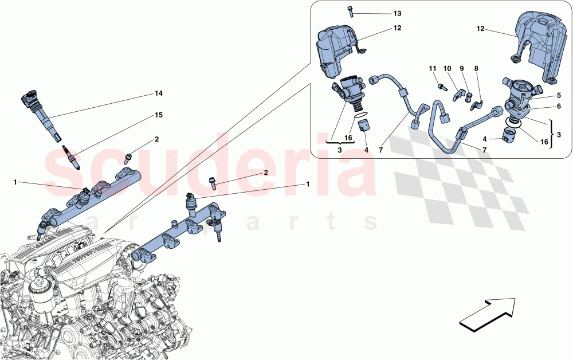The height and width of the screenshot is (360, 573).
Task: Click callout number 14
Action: (x=159, y=93)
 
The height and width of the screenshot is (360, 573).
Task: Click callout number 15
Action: (x=159, y=115)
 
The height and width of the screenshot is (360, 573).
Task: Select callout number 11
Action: (x=433, y=69)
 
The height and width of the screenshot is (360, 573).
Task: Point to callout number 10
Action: (x=448, y=69)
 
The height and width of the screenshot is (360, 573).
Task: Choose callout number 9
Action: (x=462, y=69)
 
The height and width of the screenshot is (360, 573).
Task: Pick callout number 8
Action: (x=476, y=69)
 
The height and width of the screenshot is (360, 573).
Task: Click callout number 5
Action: (x=558, y=95)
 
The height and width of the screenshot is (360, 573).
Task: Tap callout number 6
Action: (x=558, y=107)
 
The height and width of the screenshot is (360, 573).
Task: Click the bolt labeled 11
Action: (x=441, y=87)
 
